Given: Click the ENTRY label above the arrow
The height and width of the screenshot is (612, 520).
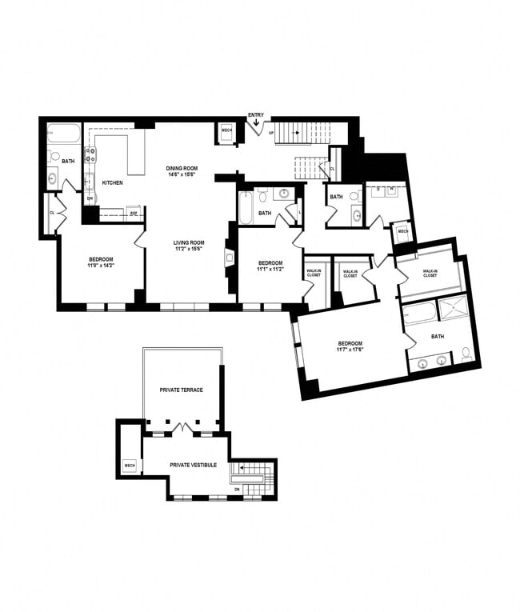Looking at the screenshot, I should [256, 115].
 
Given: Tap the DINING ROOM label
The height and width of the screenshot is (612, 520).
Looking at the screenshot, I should [182, 168].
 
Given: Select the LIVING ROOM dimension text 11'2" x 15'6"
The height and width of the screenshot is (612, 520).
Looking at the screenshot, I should [190, 249].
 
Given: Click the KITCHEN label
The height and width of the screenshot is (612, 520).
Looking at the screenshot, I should [112, 183].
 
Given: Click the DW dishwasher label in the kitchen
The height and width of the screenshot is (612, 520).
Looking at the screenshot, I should [90, 198].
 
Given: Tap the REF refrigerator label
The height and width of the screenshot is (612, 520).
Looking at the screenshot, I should [134, 213].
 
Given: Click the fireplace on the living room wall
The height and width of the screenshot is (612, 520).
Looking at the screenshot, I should [229, 258].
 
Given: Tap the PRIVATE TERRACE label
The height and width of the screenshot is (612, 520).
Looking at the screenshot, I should [181, 390].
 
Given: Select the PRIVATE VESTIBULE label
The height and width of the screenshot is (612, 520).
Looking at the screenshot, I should [193, 464].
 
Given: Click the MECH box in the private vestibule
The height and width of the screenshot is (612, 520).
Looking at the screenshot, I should [130, 465].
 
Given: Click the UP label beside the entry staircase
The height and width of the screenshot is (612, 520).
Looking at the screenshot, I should [270, 133].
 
